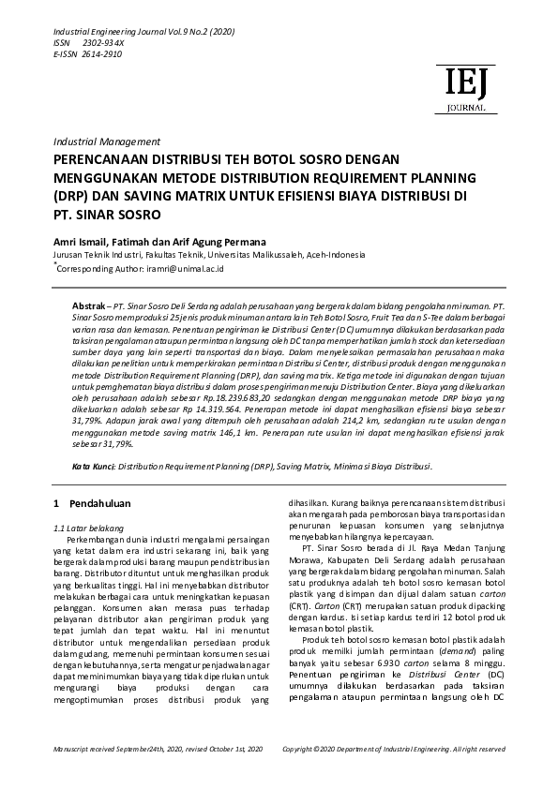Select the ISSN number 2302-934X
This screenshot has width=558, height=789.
point(103,43)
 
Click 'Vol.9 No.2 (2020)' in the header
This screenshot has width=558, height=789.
point(200,32)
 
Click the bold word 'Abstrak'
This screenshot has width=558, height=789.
point(88,306)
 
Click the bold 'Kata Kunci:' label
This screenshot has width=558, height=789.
point(94,466)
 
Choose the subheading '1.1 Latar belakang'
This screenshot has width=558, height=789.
point(92,529)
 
